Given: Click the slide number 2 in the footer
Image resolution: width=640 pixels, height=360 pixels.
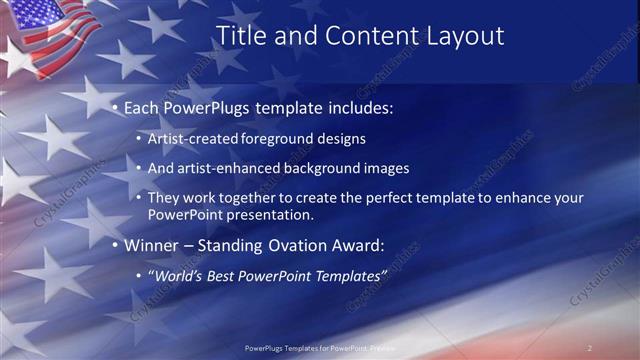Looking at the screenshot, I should [x=589, y=347].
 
